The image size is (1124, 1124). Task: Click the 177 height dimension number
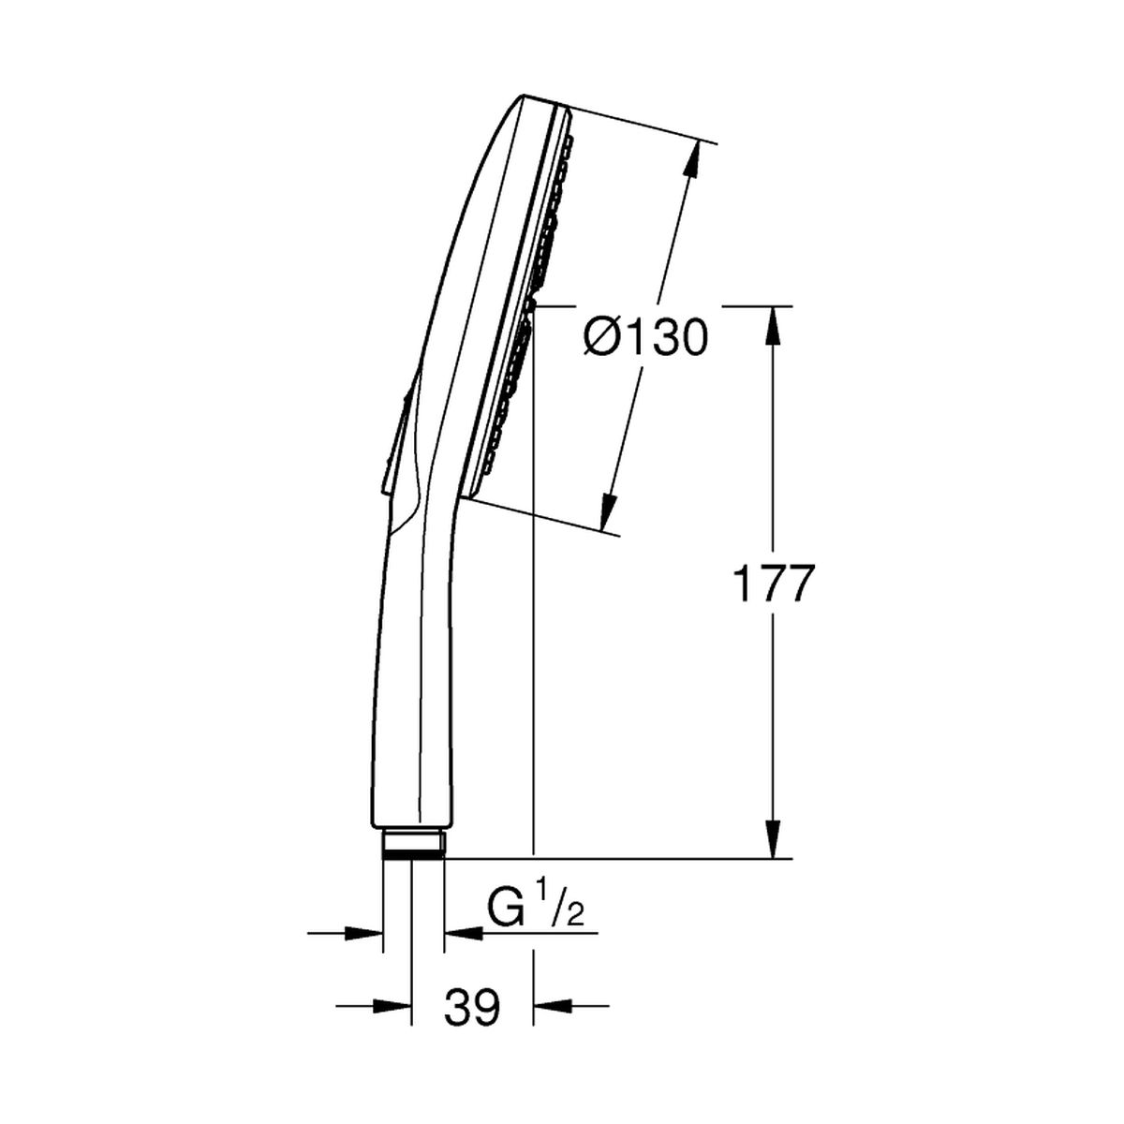tap(772, 584)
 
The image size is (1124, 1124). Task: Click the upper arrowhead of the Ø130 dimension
tap(689, 158)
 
